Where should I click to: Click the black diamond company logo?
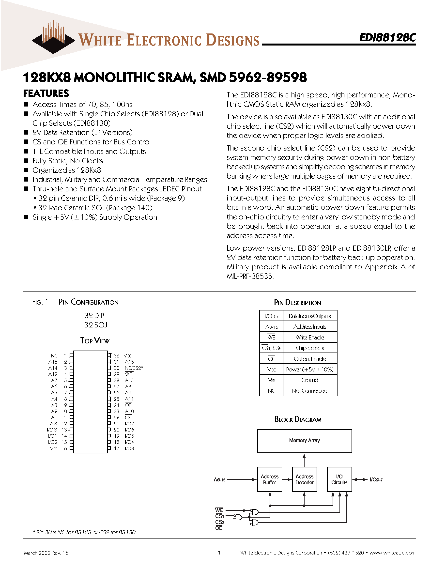(53, 42)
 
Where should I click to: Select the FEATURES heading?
(46, 93)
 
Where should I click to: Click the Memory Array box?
(304, 441)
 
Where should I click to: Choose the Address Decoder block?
(304, 479)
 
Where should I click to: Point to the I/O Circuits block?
(339, 479)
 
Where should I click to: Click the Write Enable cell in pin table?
(310, 337)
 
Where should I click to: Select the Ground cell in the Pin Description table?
(310, 380)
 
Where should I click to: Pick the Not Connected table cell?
(310, 391)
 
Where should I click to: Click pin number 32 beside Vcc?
(116, 356)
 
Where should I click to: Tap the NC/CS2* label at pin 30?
(134, 368)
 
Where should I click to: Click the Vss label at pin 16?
(54, 448)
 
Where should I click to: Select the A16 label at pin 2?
(53, 362)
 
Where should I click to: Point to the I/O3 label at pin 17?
(129, 448)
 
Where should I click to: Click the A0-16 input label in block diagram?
(219, 480)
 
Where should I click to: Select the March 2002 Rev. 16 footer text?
(46, 553)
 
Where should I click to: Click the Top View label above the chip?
(95, 340)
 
